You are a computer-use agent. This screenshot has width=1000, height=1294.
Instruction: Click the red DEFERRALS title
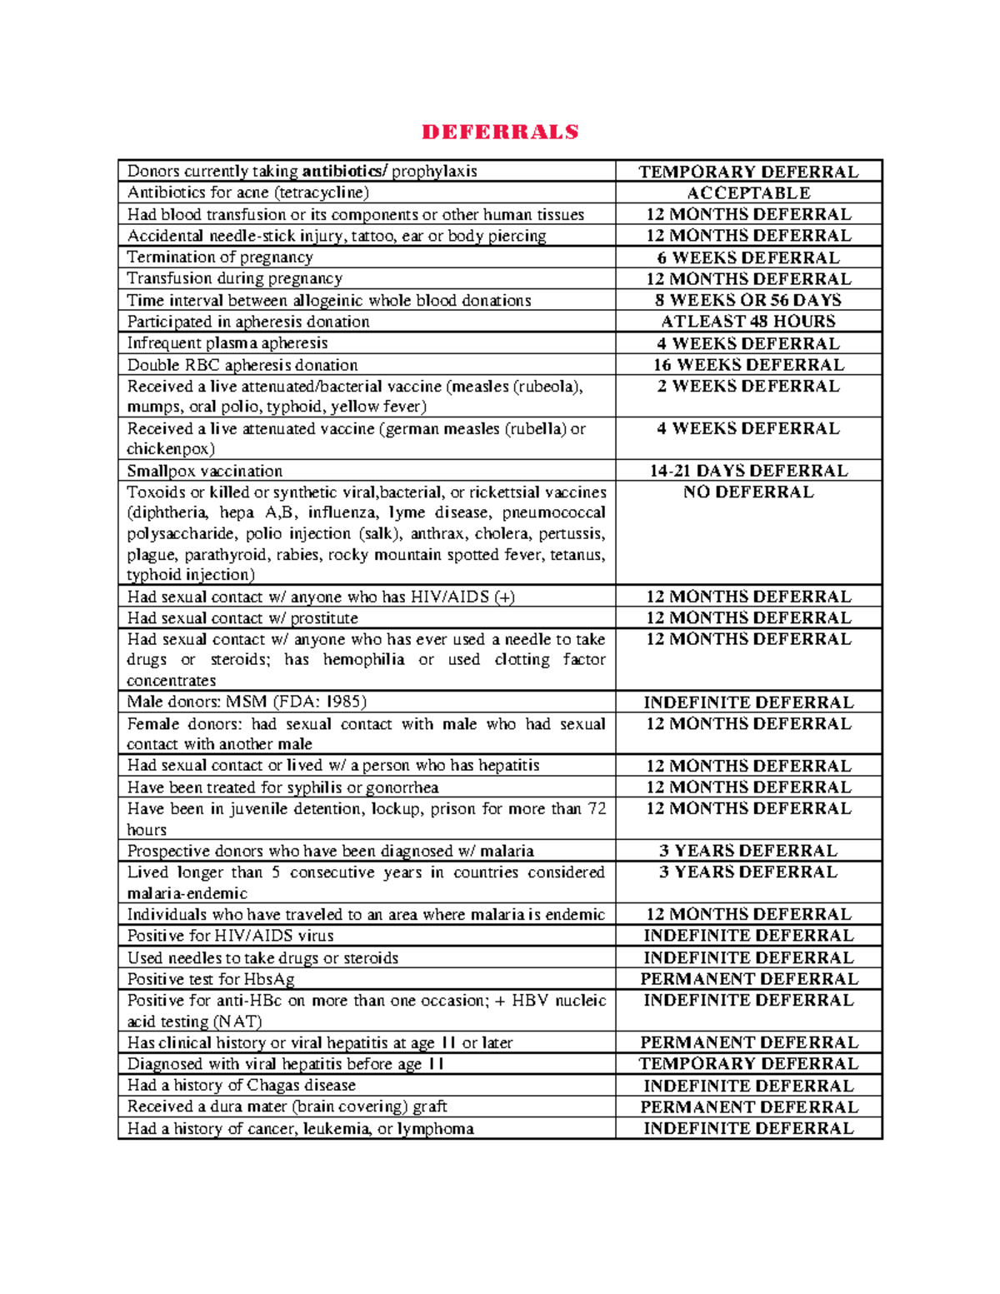(500, 132)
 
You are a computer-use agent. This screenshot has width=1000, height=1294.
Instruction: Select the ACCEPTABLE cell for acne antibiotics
(748, 192)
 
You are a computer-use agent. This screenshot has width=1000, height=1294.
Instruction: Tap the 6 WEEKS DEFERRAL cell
(748, 257)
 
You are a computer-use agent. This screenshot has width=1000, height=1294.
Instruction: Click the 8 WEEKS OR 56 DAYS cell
(748, 300)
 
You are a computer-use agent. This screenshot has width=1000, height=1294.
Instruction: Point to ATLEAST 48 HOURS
(748, 322)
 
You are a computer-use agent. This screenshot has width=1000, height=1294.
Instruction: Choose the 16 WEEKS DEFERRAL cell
(748, 365)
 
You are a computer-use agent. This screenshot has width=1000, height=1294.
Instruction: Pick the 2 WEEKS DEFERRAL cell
(748, 387)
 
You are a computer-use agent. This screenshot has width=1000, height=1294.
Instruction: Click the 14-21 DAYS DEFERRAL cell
(748, 471)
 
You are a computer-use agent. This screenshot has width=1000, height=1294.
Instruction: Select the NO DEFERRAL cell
(748, 492)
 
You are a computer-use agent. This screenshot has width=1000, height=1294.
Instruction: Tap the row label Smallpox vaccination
(205, 471)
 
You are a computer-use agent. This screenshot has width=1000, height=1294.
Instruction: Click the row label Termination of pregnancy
(220, 257)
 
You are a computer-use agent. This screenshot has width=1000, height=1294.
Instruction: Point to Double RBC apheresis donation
(242, 365)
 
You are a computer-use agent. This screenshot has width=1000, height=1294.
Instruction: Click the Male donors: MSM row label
(247, 702)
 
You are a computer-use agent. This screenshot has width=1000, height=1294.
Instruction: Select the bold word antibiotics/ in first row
(344, 172)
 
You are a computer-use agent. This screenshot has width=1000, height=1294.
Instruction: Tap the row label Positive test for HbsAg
(211, 979)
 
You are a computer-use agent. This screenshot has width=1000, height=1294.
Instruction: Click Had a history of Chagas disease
(242, 1085)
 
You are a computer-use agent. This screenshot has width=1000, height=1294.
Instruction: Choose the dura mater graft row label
(287, 1107)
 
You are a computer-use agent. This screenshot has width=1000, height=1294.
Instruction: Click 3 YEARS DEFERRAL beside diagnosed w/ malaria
(748, 851)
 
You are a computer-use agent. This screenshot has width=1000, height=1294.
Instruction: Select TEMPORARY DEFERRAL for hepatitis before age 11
(748, 1064)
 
